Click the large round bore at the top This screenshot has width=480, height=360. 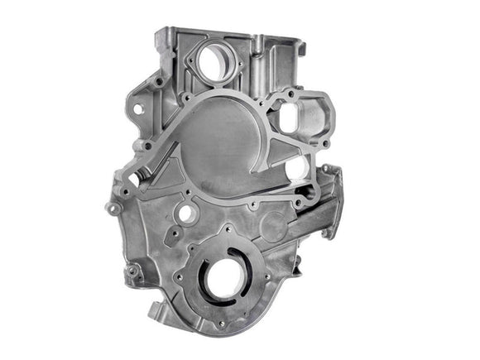coord(216,62)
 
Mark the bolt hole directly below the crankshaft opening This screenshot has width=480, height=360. coord(221,324)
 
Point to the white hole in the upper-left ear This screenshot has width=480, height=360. coord(138,108)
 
